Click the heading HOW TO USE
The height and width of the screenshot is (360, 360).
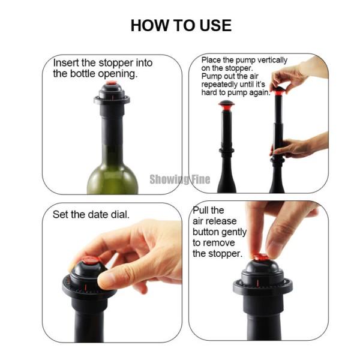[x=181, y=25]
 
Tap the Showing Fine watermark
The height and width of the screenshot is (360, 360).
[x=180, y=179]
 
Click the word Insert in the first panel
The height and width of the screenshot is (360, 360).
[x=66, y=62]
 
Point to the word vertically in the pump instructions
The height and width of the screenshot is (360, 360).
[x=272, y=60]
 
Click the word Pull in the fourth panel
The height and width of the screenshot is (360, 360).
[x=200, y=210]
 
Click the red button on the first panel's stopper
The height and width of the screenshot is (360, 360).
[x=112, y=83]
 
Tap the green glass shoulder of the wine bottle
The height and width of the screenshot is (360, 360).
[x=112, y=179]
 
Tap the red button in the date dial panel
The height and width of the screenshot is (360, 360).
[x=90, y=260]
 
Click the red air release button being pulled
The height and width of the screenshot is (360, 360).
[x=261, y=257]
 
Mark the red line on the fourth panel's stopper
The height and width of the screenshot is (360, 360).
[x=257, y=283]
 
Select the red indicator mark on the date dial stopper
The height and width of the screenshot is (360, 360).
[x=86, y=287]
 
